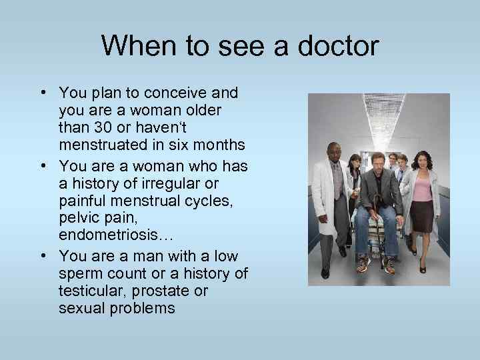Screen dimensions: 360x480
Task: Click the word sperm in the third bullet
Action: click(79, 274)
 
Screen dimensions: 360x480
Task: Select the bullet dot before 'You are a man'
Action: click(43, 257)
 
